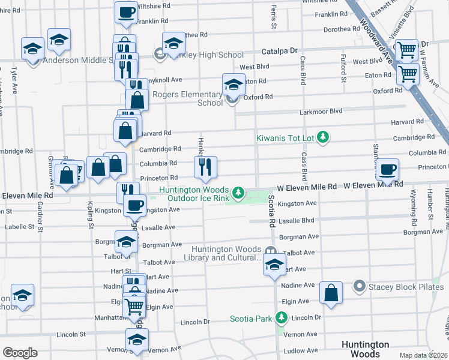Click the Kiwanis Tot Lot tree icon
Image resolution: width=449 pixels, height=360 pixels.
[x=324, y=138]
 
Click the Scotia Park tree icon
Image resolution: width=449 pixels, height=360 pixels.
[x=281, y=318]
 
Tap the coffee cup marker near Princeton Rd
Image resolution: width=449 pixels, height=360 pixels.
[x=388, y=170]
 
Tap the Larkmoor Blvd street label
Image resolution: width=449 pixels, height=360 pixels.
[x=321, y=111]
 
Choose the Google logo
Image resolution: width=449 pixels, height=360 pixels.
[x=20, y=353]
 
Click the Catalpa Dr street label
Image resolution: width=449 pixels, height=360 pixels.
[x=277, y=51]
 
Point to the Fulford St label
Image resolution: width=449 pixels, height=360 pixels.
[x=344, y=69]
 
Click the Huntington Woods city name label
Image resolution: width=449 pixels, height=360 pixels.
[x=365, y=349]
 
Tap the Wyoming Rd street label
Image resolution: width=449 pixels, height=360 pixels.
[x=412, y=203]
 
